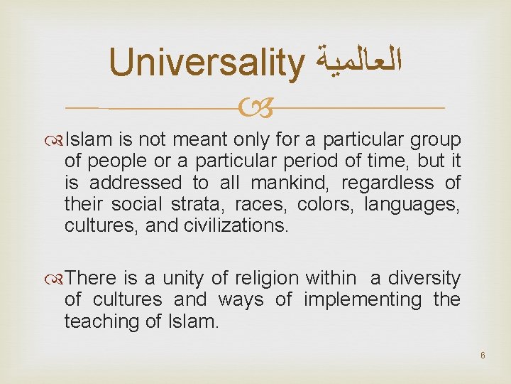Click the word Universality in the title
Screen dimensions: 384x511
coord(206,63)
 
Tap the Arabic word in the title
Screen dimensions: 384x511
coord(356,63)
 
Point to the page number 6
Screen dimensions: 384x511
coord(482,355)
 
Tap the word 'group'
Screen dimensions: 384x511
coord(436,140)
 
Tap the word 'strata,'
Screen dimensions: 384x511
coord(194,205)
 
